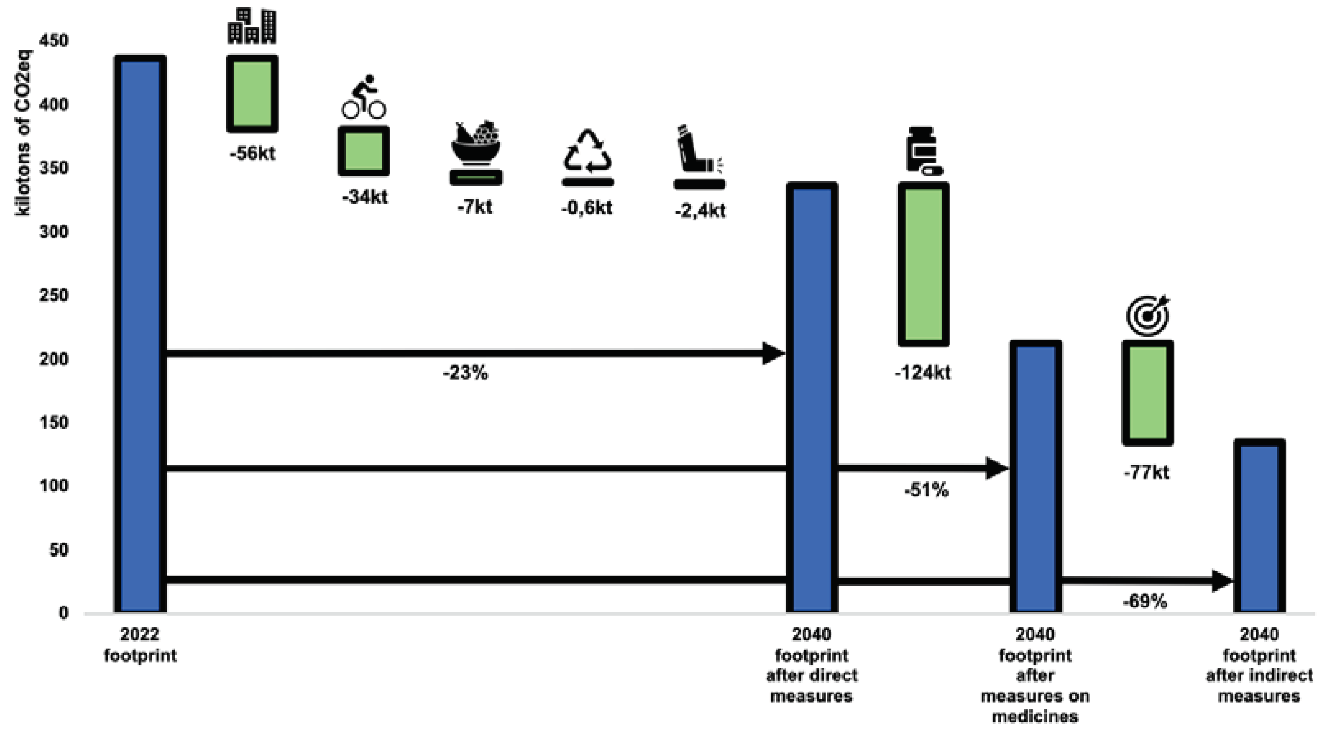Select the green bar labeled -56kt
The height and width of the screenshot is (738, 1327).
(x=253, y=94)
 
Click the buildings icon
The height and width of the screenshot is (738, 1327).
(x=252, y=26)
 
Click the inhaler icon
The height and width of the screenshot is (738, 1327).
(x=698, y=149)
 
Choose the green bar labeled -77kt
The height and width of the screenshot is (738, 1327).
(x=1148, y=393)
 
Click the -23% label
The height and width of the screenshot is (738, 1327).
(x=465, y=372)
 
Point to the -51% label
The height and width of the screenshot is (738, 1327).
(x=926, y=490)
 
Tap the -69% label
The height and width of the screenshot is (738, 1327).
(x=1145, y=601)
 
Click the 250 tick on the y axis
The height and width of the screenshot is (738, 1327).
(x=53, y=296)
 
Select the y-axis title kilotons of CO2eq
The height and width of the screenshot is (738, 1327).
(x=23, y=133)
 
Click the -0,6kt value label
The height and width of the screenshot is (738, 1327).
(x=587, y=208)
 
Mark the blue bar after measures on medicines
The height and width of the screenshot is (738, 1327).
(x=1035, y=477)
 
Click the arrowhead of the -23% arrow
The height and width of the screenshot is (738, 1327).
(x=773, y=353)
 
